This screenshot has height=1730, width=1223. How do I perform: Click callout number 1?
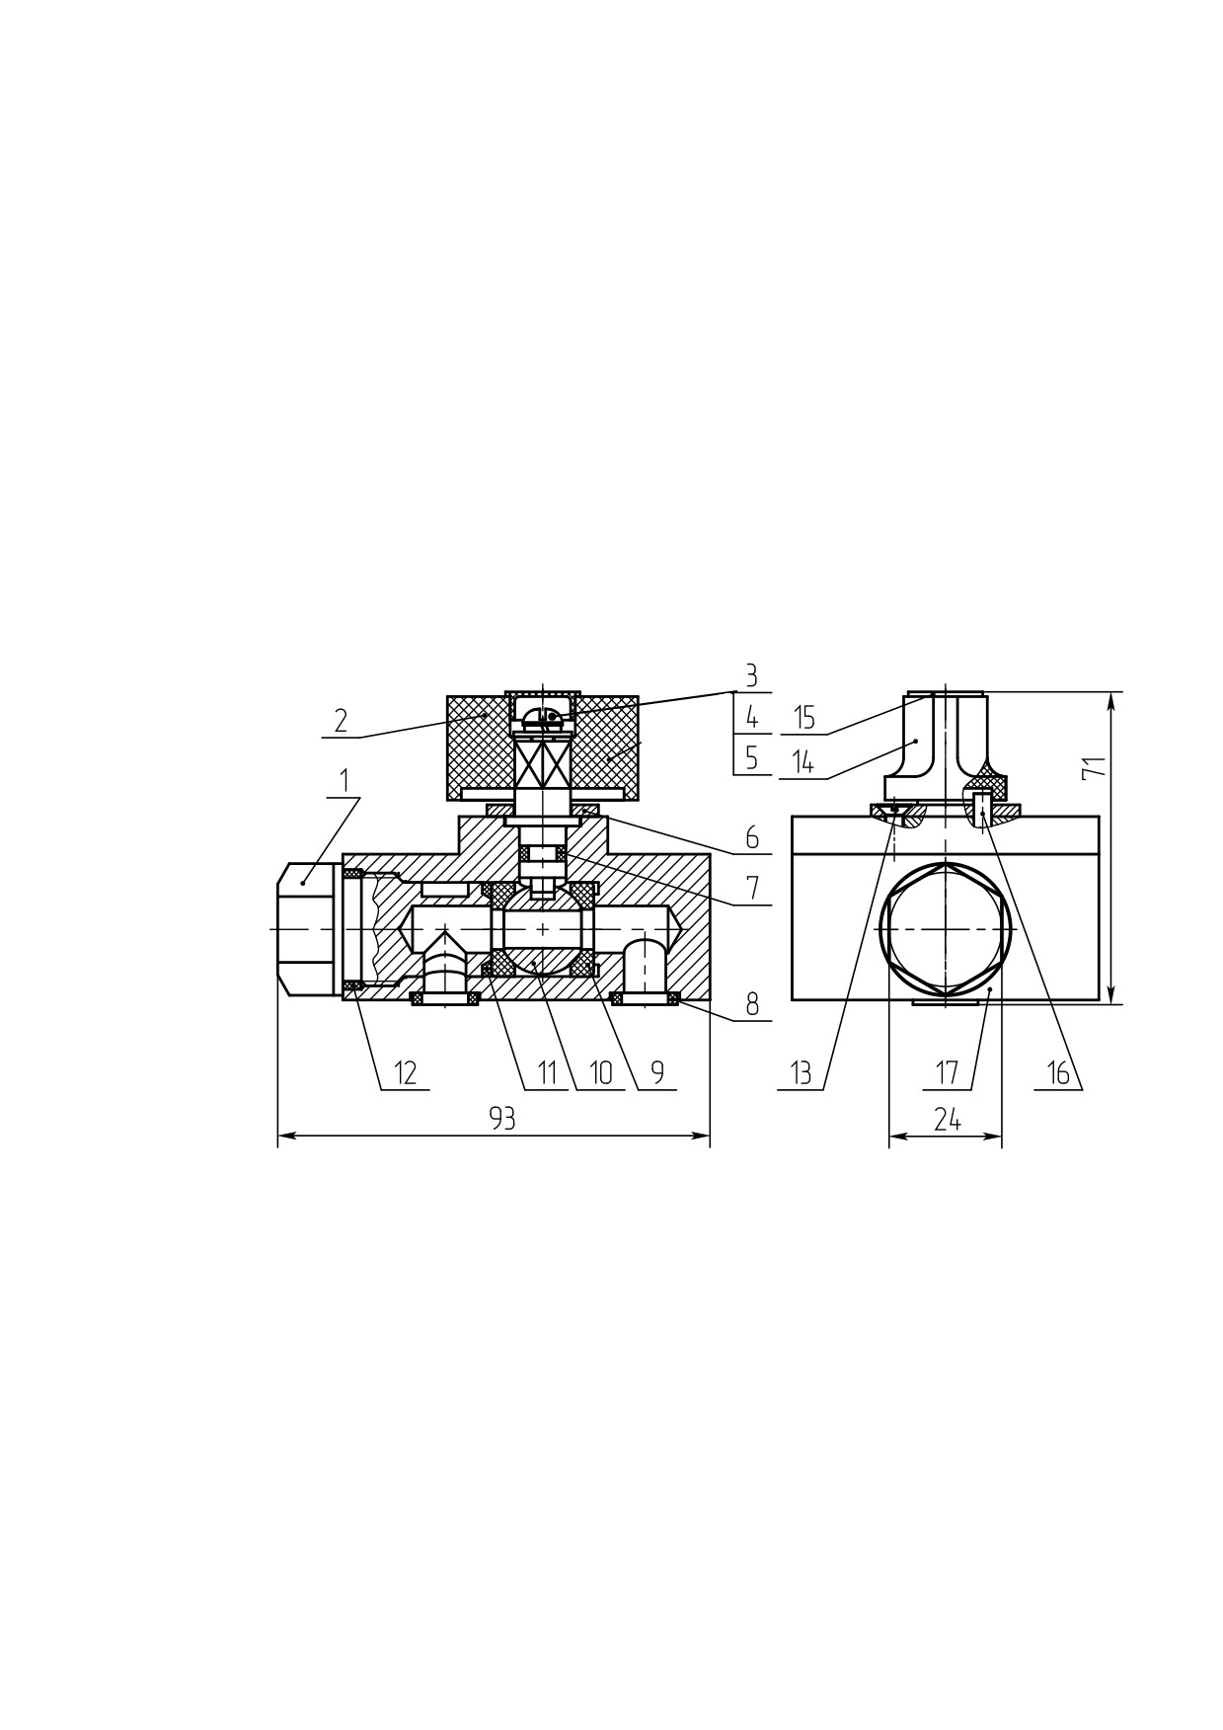(344, 780)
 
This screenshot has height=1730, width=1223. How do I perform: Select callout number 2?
(341, 720)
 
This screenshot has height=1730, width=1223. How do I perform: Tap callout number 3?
(751, 676)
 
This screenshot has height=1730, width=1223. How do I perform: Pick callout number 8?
(752, 1004)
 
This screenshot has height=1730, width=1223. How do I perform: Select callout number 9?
(657, 1072)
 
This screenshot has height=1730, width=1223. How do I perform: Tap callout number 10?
(601, 1072)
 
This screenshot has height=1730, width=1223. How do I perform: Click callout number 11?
(547, 1072)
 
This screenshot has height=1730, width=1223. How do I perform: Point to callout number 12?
(406, 1072)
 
